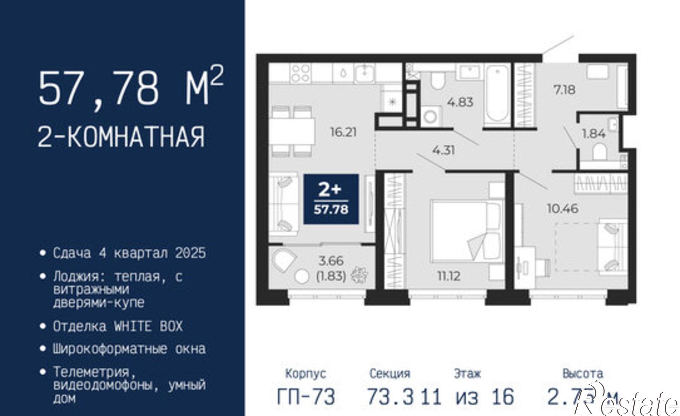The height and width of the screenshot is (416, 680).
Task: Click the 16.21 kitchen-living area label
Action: pos(343,132)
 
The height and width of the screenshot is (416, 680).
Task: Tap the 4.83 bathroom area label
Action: pos(460,102)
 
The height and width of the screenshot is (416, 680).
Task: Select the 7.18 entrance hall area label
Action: pos(564,90)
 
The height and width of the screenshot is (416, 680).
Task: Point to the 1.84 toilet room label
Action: pos(594,134)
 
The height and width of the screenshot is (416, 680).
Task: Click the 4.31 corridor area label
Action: pos(444,150)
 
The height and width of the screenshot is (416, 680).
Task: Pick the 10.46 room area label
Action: pos(563,208)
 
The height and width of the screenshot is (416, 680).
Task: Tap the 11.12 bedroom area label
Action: pos(449,276)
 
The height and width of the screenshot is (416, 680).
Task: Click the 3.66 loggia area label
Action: pos(331,261)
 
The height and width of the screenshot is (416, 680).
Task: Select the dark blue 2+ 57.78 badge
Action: pos(331,199)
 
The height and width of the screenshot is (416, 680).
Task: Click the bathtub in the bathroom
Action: pos(497,96)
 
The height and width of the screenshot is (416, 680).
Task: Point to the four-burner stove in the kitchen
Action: pos(301,73)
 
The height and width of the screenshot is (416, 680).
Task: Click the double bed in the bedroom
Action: pos(466,231)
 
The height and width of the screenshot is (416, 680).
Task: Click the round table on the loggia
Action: pos(302,276)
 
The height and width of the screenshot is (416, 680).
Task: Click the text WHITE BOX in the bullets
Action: pos(148,326)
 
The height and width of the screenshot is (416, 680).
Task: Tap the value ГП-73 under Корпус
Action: pos(306,397)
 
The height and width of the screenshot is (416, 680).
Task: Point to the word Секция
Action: pos(390,373)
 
